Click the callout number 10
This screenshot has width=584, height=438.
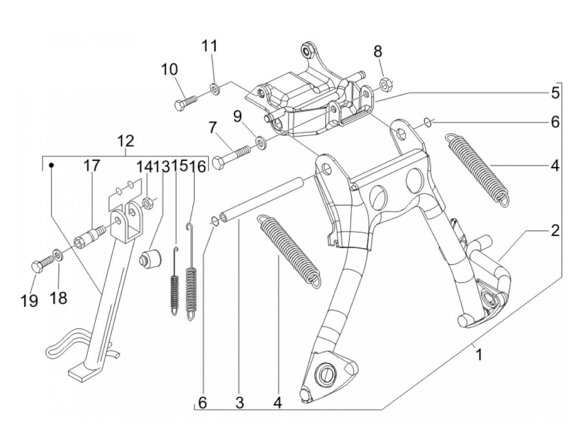[169, 70]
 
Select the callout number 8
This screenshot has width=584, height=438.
[378, 51]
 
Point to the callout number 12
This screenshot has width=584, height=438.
[126, 142]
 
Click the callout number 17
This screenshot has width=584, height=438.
[91, 166]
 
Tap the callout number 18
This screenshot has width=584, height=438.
[58, 298]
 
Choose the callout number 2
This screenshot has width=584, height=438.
[555, 230]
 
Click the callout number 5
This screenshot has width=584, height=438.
[555, 93]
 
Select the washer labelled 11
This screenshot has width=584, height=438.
[214, 88]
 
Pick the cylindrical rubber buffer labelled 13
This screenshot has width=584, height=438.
[151, 258]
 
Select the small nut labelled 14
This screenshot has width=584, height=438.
[147, 203]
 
